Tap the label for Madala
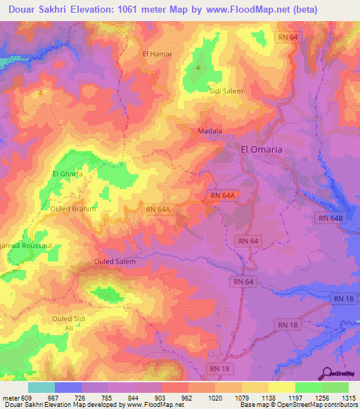[x=210, y=131]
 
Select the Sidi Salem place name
[x=225, y=91]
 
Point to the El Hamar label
[x=157, y=53]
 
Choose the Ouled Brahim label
[x=72, y=209]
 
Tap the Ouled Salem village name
[x=114, y=261]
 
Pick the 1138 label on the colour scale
[x=269, y=398]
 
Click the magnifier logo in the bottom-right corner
[x=328, y=373]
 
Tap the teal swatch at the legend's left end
[x=41, y=387]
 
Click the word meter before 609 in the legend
[x=10, y=398]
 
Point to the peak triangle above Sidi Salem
[x=198, y=67]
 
